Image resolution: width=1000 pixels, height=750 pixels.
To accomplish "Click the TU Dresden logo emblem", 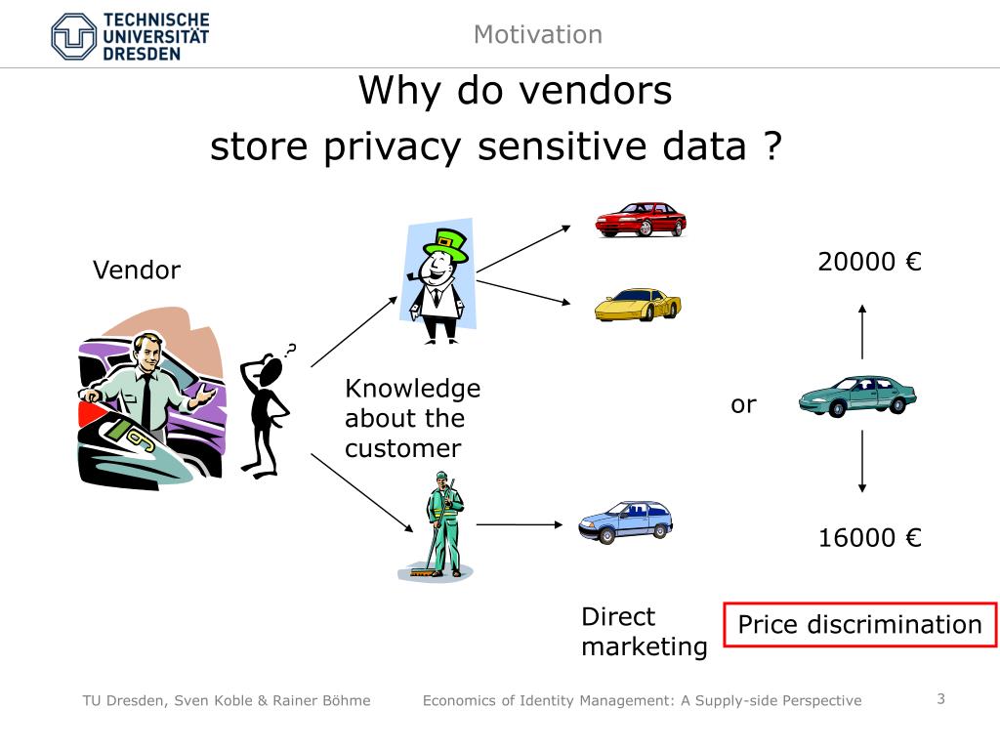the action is pos(75,37).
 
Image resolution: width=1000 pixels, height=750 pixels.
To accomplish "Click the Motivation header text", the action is pos(537,35).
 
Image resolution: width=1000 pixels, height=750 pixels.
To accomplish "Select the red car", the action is pos(640,220).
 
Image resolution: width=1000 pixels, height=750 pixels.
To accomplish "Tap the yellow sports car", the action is pos(637,305).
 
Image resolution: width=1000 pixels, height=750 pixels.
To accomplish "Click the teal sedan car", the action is pos(857,396).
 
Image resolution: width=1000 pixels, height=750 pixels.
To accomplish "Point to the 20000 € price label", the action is pos(870,262).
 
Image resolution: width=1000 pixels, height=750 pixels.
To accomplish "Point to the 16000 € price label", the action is pos(870,537).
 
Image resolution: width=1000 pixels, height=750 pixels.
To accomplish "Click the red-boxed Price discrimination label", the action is pos(859,625).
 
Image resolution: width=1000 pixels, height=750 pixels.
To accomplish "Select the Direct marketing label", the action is pos(644,631).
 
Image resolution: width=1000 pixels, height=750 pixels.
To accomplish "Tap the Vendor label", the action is pos(137,271).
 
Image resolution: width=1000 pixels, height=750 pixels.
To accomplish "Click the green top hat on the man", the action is pos(449,243).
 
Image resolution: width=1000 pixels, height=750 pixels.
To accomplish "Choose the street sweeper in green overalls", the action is pos(442,527).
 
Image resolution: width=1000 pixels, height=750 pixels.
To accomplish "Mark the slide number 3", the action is pos(941,698).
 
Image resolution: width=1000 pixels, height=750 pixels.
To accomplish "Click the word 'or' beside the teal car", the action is pos(743,404).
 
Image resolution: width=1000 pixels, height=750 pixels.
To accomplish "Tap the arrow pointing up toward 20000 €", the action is pos(861,332).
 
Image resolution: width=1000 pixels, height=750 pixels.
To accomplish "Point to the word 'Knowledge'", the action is pos(412,389).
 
